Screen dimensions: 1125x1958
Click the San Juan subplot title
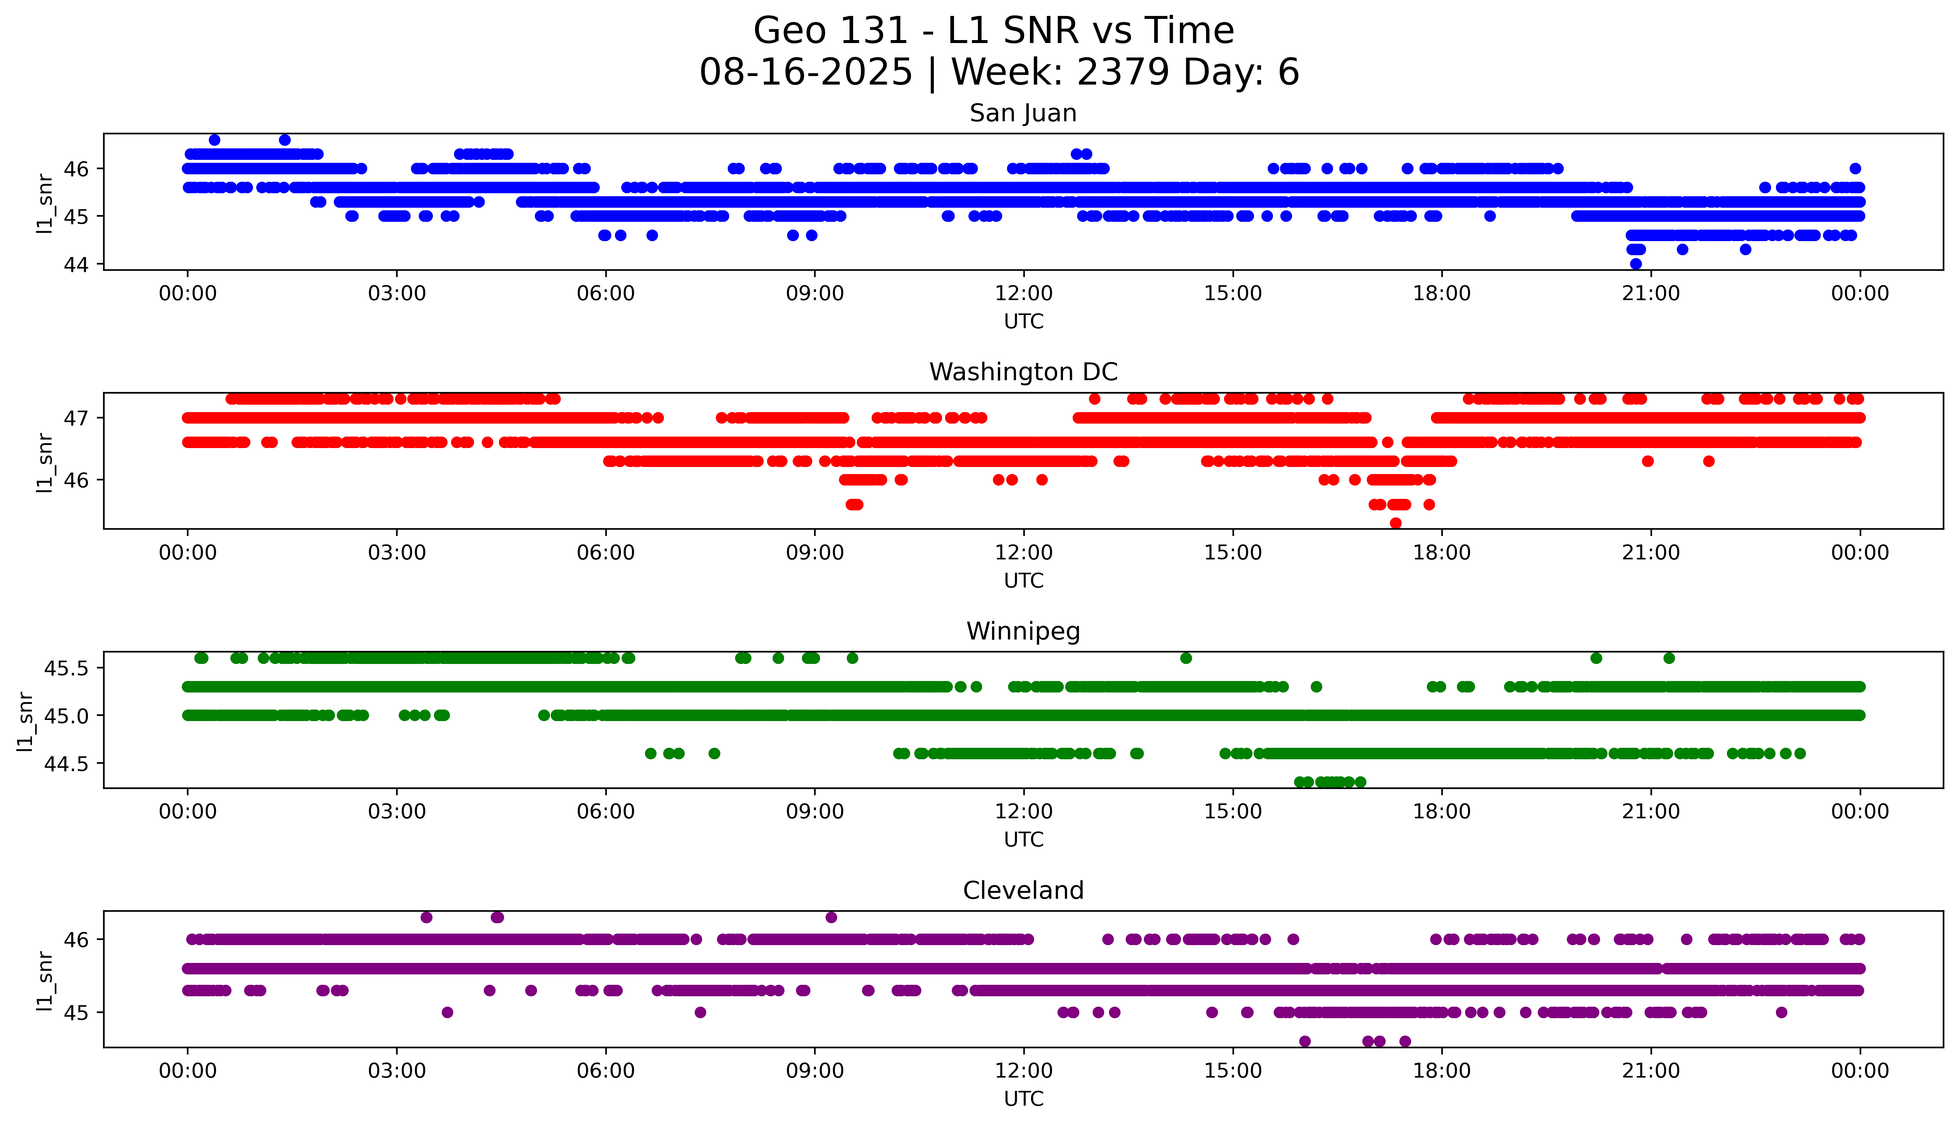click(1023, 114)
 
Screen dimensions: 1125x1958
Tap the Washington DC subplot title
click(1023, 372)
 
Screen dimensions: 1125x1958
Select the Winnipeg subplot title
click(1023, 631)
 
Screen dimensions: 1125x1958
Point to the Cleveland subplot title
click(1023, 891)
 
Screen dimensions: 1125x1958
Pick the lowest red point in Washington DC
click(1395, 523)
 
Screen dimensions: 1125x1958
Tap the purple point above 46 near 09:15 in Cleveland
click(831, 917)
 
